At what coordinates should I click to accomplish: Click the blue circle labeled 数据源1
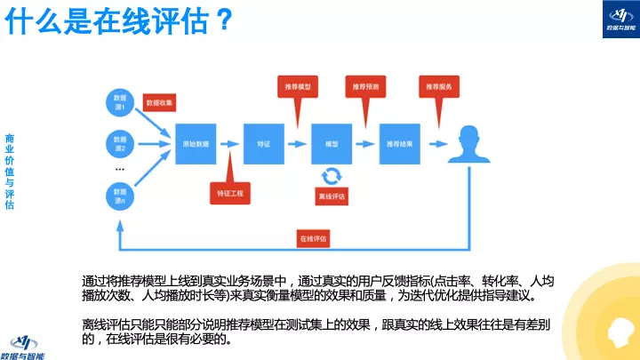119,100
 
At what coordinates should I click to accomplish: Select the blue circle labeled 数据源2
119,142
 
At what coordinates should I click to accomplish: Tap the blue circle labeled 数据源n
119,195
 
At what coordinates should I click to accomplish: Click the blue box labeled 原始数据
196,142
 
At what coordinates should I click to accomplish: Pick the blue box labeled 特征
264,142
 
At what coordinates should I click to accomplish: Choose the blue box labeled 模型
332,142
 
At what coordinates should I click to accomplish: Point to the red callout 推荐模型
298,87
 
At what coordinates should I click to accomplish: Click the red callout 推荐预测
364,87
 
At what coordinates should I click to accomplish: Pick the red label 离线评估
332,196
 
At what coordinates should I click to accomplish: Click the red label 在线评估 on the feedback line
312,238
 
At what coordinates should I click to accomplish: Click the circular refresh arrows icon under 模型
332,174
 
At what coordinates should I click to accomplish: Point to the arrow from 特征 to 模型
298,142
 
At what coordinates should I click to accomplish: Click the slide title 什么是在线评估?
121,21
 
